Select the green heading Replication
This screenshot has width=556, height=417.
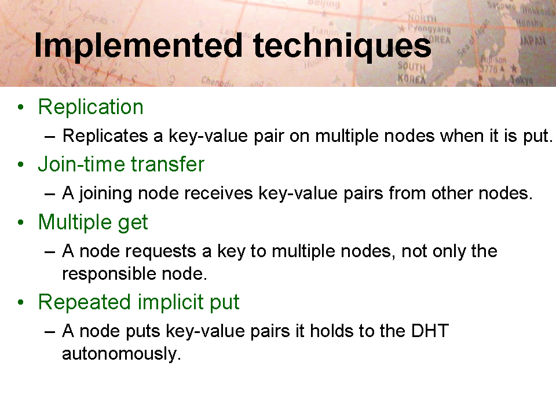pyautogui.click(x=91, y=107)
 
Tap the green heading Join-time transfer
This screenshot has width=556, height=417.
pyautogui.click(x=121, y=164)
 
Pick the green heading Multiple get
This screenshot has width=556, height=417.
pyautogui.click(x=93, y=222)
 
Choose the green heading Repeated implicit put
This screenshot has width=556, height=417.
pyautogui.click(x=138, y=302)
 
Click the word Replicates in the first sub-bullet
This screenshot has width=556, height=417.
pyautogui.click(x=105, y=136)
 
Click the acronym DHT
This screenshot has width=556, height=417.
pyautogui.click(x=430, y=331)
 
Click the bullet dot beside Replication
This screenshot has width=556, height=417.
pyautogui.click(x=21, y=107)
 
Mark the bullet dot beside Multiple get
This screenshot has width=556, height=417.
pyautogui.click(x=21, y=222)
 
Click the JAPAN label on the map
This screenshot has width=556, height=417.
pyautogui.click(x=533, y=41)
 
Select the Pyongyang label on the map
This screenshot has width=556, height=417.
pyautogui.click(x=429, y=28)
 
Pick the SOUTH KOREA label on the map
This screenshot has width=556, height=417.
pyautogui.click(x=411, y=72)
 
